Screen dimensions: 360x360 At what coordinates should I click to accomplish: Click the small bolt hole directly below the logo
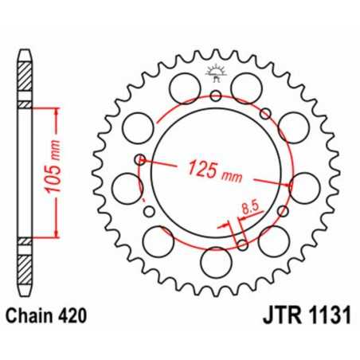216,96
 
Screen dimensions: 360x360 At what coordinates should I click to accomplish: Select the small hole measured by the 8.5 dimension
240,245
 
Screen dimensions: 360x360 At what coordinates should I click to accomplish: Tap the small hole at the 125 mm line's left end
141,158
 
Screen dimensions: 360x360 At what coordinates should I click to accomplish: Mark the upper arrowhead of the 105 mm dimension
55,111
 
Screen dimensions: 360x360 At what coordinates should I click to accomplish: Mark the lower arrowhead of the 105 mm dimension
55,236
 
